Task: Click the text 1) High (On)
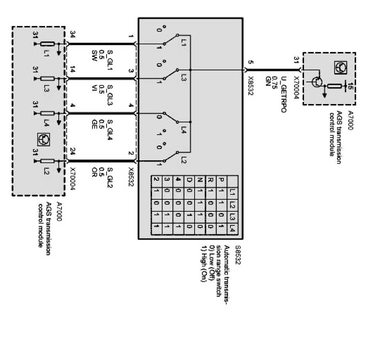pyautogui.click(x=203, y=264)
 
